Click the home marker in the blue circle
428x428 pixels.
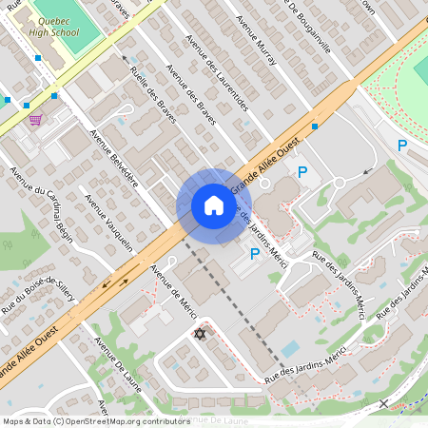[x=214, y=205]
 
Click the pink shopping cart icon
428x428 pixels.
[x=35, y=119]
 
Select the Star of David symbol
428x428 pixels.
[x=199, y=333]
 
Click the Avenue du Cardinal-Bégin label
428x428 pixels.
[x=42, y=204]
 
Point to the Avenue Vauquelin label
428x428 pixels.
[x=108, y=224]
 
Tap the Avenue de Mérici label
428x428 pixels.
[x=172, y=291]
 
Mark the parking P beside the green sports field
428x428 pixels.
[x=401, y=146]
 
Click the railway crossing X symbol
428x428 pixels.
[x=382, y=403]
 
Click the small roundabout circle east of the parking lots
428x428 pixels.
[x=339, y=184]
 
